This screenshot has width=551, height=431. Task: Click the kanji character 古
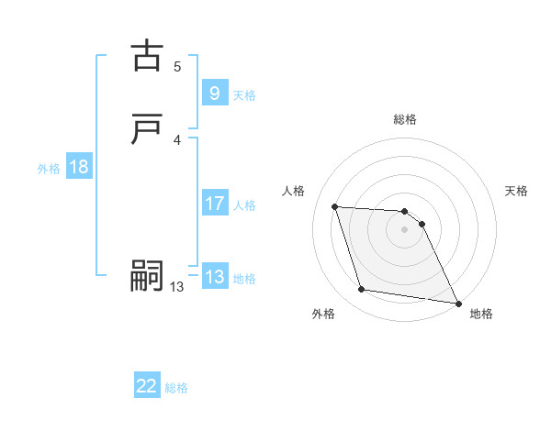[147, 56]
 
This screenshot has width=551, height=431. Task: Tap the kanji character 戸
[147, 129]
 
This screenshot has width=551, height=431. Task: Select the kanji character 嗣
[147, 277]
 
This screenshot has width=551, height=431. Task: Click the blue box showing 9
[214, 93]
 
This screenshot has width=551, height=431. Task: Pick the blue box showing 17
[214, 204]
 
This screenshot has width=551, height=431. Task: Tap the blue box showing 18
[79, 167]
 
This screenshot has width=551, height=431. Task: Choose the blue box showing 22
[147, 386]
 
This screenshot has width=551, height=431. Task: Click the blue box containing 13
[214, 277]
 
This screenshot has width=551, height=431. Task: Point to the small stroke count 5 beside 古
[177, 66]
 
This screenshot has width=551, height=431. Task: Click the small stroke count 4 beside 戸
[177, 139]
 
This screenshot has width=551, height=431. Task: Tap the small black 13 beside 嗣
[177, 287]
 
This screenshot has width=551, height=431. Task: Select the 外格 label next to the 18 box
[49, 169]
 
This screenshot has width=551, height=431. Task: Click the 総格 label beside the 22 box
[176, 388]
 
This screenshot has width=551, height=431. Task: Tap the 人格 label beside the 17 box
[244, 205]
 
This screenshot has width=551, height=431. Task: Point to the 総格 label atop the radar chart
[405, 119]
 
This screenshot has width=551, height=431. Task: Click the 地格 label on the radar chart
[481, 314]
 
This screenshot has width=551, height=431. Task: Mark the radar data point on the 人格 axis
[335, 206]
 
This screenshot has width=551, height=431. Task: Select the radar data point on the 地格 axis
[458, 303]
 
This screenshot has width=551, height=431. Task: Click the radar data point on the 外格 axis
[362, 290]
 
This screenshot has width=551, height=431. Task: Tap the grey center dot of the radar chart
[405, 229]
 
